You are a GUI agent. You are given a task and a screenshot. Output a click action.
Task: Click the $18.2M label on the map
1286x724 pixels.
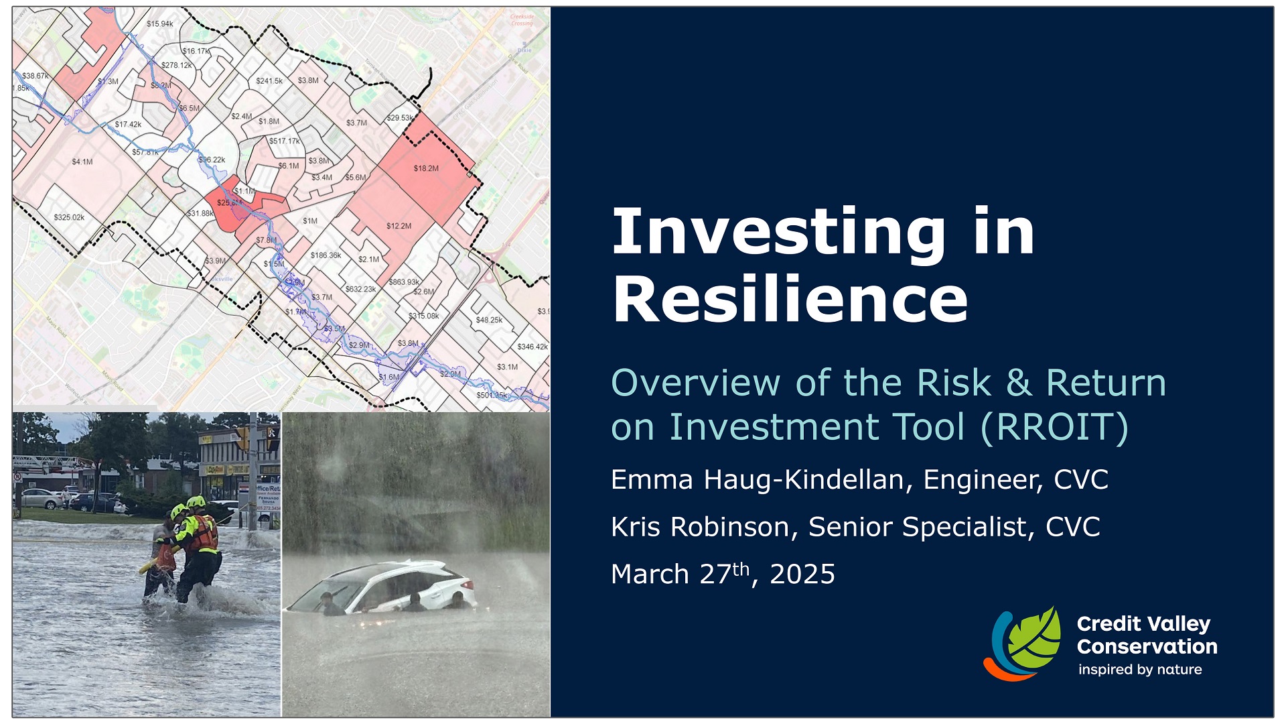426,168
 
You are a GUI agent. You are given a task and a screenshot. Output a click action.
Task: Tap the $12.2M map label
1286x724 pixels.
399,226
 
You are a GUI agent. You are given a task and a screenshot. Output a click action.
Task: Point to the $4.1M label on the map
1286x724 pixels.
82,162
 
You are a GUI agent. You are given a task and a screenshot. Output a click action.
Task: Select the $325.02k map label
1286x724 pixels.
69,217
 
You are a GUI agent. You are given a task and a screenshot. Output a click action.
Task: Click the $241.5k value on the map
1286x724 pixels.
269,80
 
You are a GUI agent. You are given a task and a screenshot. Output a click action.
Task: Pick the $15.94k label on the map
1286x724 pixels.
159,24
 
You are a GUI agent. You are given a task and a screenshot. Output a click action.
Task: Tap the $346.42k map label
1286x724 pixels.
532,347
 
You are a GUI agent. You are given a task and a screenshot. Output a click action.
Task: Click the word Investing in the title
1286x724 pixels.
778,232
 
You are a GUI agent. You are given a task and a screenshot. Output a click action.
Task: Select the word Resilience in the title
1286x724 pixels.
790,299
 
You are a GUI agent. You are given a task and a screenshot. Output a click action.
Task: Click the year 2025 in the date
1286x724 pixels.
802,575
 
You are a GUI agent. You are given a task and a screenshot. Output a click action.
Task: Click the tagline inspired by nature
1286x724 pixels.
1139,670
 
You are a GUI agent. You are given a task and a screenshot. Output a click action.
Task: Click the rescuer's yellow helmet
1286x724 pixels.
196,502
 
